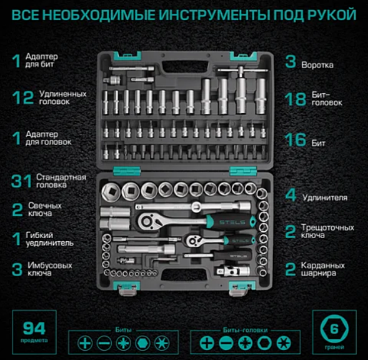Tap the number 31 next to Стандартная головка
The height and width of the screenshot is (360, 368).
21,181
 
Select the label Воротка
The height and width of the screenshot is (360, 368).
318,64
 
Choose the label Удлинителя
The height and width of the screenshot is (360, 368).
324,197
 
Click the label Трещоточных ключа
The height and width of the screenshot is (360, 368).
327,231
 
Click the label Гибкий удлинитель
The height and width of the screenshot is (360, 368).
51,239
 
